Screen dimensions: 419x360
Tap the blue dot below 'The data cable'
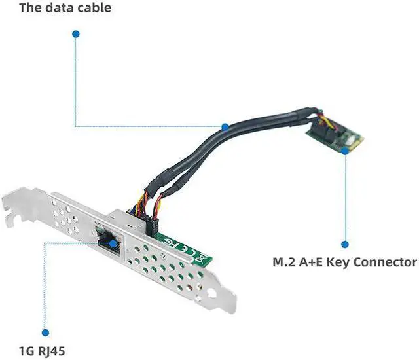tap(76, 33)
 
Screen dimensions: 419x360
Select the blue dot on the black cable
tap(225, 126)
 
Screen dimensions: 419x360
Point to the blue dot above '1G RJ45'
tap(45, 333)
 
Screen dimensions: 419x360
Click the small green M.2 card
tap(334, 138)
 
